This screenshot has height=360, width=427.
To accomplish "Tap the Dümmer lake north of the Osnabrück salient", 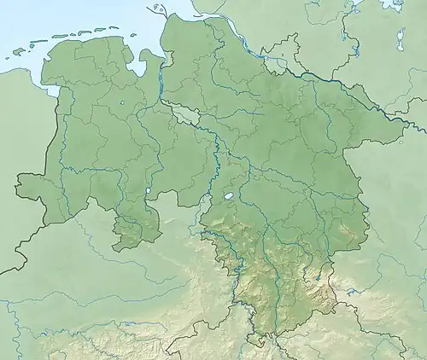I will pos(149,192).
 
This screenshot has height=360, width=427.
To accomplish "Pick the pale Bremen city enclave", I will pos(182,112).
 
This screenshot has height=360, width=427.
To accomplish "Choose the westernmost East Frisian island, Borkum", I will pos(19,53).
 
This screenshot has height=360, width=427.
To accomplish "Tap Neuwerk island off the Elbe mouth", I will pos(156,10).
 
